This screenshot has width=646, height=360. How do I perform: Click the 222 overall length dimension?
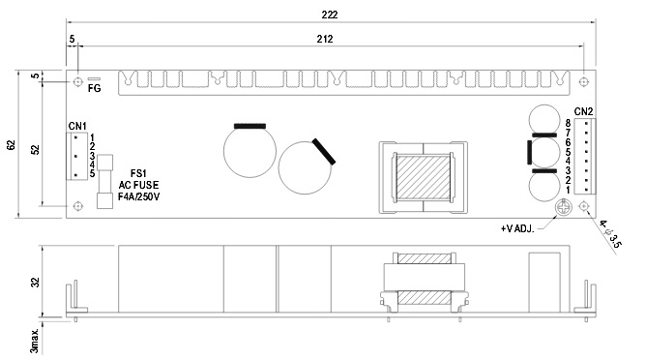tap(330, 15)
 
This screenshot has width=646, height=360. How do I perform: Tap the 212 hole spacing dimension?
tap(325, 39)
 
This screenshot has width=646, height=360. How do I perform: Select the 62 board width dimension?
tap(12, 145)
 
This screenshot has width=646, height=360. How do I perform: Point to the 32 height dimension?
tap(36, 283)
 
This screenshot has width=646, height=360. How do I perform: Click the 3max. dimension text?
tap(35, 341)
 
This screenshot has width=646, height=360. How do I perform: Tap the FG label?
tap(95, 88)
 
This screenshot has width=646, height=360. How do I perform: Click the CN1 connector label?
tap(77, 126)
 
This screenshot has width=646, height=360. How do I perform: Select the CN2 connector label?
tap(584, 111)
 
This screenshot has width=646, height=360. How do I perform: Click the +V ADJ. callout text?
tap(517, 228)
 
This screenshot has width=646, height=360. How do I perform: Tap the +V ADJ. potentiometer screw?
tap(563, 207)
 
